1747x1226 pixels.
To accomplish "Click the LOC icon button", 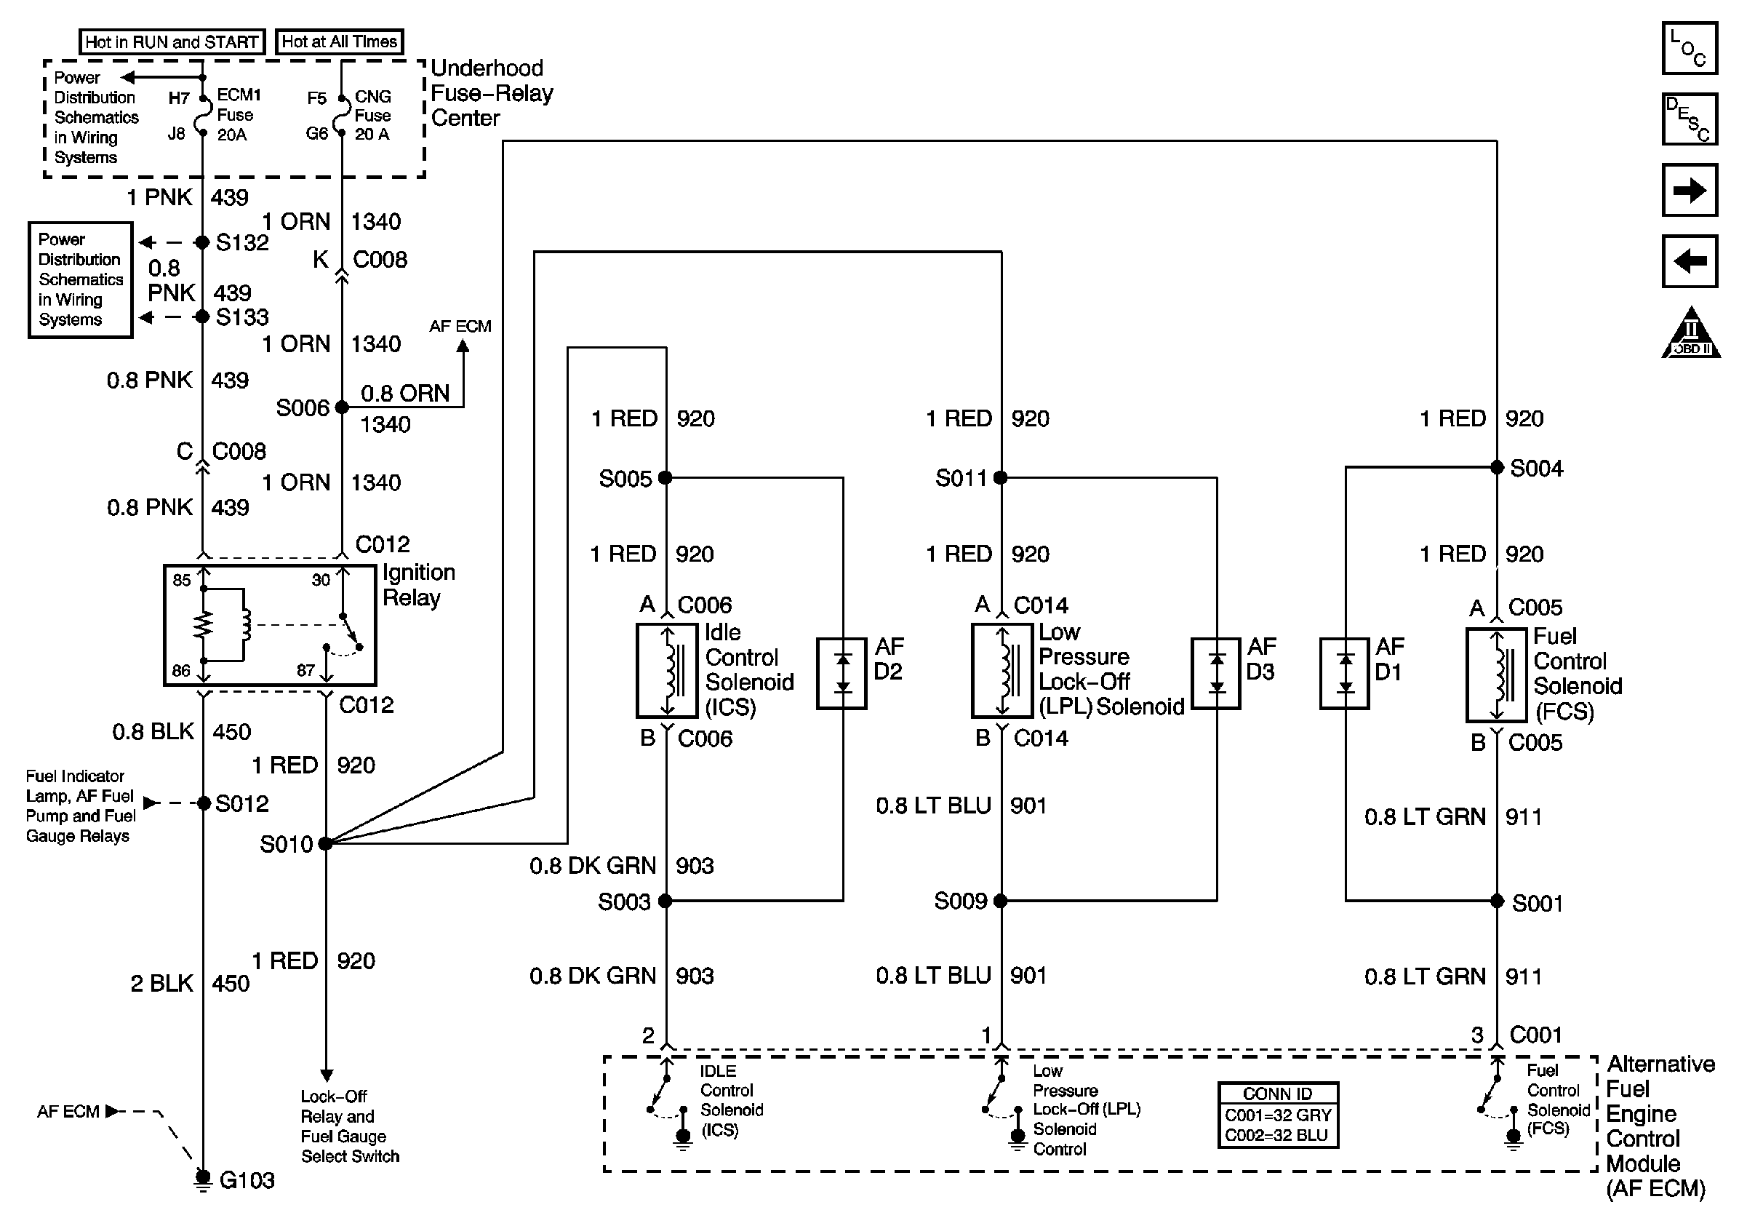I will [1689, 49].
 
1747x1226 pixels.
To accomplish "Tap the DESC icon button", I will [1689, 119].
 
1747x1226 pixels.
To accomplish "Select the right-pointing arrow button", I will [1689, 189].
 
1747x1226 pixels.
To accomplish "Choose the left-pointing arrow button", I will [1689, 261].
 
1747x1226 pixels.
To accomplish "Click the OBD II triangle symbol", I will [1690, 335].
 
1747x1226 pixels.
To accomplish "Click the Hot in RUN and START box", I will [172, 42].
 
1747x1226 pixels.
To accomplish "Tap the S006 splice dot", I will [343, 407].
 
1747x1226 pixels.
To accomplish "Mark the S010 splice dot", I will [326, 843].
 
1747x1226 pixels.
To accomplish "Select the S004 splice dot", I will [1497, 467].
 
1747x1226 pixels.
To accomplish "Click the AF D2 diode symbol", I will [841, 674].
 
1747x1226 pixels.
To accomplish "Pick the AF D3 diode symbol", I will [1216, 674].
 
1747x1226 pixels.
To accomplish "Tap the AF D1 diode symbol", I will [1346, 674].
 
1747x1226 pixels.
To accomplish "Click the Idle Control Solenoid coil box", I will [667, 670].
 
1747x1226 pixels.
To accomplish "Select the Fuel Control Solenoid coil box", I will [1497, 675].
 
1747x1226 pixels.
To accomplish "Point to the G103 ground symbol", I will [203, 1179].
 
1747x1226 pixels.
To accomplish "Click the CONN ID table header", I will [1278, 1094].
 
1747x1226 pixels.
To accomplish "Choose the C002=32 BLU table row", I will [1278, 1134].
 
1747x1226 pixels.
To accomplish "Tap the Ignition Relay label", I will [418, 584].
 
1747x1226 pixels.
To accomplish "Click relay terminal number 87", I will [305, 670].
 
